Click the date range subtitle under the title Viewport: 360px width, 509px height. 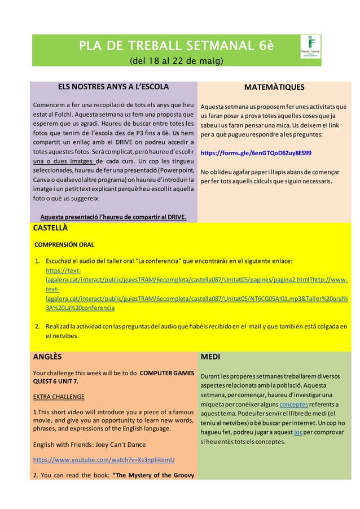pos(176,60)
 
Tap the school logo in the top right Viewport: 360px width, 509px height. pos(310,47)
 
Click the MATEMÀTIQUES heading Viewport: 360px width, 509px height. pos(274,87)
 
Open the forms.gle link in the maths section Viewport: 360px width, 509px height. pos(256,153)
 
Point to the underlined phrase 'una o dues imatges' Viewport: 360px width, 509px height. pos(63,162)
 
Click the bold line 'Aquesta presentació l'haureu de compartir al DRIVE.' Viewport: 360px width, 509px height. pos(113,217)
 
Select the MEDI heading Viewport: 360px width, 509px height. pos(210,357)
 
